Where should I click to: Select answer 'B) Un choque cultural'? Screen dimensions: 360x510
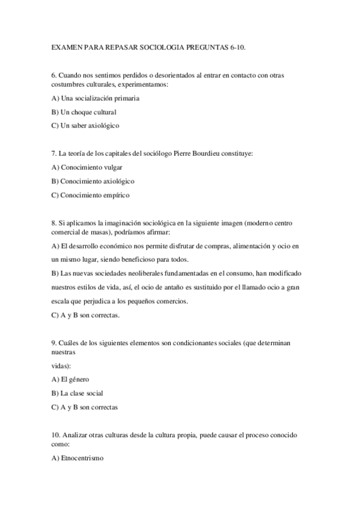(84, 112)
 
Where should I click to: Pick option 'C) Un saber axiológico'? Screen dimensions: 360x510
(86, 126)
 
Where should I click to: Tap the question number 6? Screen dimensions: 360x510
(54, 75)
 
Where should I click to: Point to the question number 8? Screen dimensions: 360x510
(54, 223)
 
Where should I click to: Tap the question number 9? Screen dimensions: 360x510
(54, 342)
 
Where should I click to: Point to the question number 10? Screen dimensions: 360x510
(56, 434)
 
